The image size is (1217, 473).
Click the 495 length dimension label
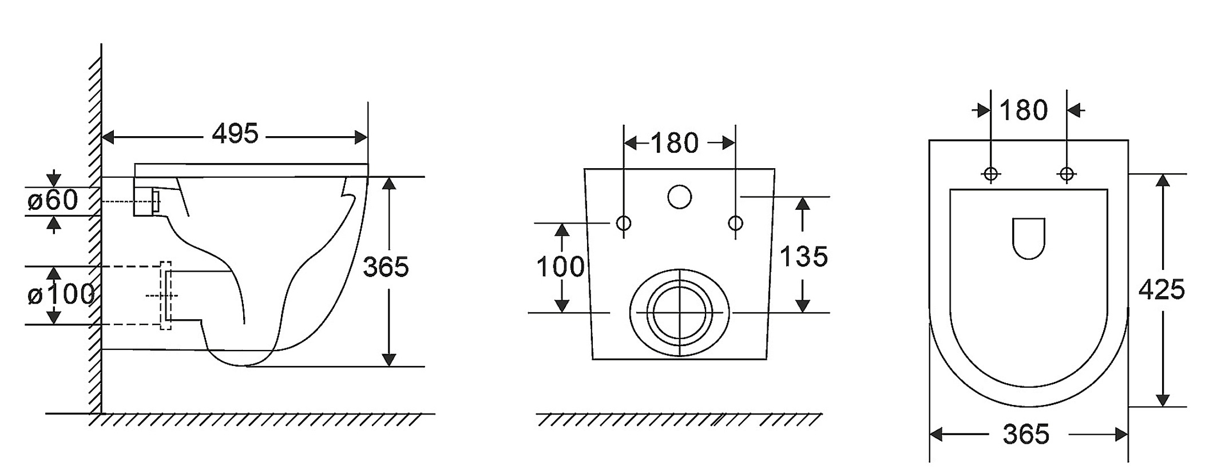pyautogui.click(x=235, y=134)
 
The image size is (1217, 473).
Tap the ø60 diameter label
pyautogui.click(x=53, y=200)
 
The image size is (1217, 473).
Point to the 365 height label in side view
pyautogui.click(x=386, y=267)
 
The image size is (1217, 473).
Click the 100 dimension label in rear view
pyautogui.click(x=560, y=267)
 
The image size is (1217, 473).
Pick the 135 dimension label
pyautogui.click(x=804, y=257)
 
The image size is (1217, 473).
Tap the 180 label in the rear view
pyautogui.click(x=675, y=143)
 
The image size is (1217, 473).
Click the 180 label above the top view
pyautogui.click(x=1024, y=110)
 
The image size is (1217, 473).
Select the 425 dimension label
pyautogui.click(x=1161, y=290)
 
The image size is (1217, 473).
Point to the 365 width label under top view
pyautogui.click(x=1026, y=435)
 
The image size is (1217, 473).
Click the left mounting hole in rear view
pyautogui.click(x=624, y=222)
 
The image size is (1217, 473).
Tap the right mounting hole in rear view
pyautogui.click(x=735, y=222)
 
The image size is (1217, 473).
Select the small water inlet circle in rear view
pyautogui.click(x=679, y=197)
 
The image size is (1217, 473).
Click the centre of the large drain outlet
pyautogui.click(x=680, y=312)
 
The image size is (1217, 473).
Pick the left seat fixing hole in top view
pyautogui.click(x=990, y=173)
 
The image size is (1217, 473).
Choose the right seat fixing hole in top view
pyautogui.click(x=1067, y=173)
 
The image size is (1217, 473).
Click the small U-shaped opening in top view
pyautogui.click(x=1029, y=259)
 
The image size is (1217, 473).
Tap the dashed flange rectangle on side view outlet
pyautogui.click(x=165, y=262)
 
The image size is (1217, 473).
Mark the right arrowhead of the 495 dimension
pyautogui.click(x=361, y=137)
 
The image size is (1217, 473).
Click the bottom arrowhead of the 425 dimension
pyautogui.click(x=1162, y=400)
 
